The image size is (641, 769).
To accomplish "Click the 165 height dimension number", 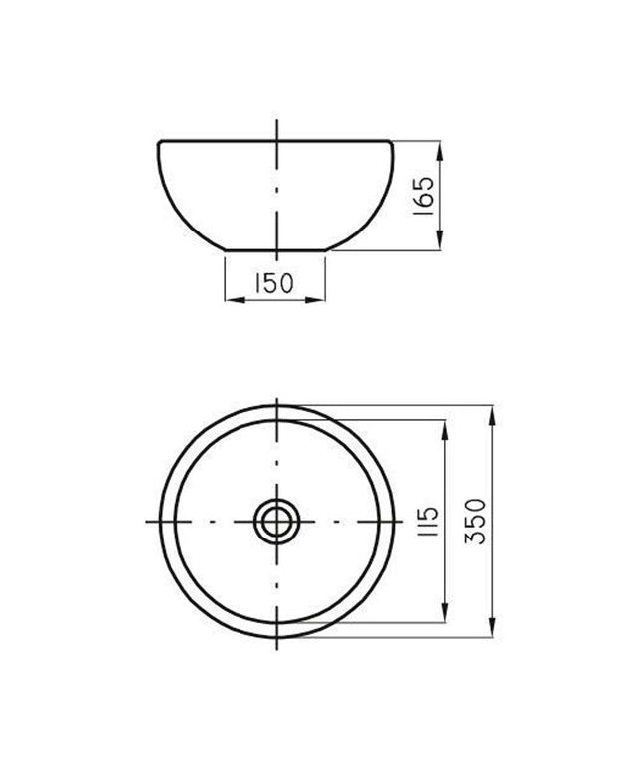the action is coord(423,196).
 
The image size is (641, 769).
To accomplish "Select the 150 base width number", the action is coord(274,283).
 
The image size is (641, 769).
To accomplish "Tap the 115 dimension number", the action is coord(427,521).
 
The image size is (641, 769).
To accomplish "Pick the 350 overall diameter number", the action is coord(475,522).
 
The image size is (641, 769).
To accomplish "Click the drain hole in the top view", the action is coord(276,522).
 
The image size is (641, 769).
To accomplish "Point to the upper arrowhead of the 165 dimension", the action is coord(439,151).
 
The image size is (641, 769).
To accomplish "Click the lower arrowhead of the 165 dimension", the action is coord(439,240).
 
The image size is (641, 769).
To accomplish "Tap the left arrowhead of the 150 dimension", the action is coord(235,300).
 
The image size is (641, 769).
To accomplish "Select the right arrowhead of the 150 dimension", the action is coord(315,300).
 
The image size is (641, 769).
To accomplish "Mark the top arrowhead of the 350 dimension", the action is coord(492,415).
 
